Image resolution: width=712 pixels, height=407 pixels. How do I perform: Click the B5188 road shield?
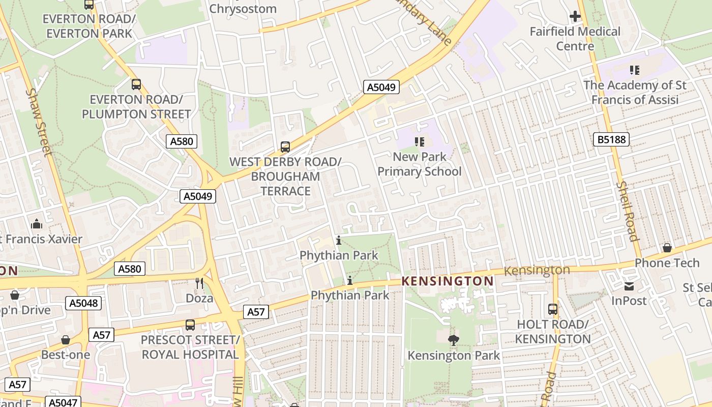click(611, 139)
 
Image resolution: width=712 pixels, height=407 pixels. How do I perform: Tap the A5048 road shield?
click(83, 304)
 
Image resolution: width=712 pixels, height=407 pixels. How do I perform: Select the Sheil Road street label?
click(627, 211)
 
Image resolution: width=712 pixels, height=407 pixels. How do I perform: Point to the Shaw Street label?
click(40, 123)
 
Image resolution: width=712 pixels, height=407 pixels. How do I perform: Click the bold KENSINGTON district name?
click(448, 281)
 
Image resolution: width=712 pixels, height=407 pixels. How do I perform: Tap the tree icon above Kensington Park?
click(453, 340)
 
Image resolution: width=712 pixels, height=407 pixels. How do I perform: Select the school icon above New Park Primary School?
click(420, 142)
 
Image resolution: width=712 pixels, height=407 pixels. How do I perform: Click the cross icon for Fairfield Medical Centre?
click(575, 17)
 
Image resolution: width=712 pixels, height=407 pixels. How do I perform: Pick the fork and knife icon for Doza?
click(199, 283)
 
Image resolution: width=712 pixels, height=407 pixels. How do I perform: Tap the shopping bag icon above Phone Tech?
click(667, 248)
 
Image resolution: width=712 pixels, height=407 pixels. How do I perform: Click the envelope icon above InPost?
click(629, 286)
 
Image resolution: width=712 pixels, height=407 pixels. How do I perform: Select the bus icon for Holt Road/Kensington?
click(553, 309)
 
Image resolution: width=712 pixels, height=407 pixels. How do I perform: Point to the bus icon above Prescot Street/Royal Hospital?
click(190, 325)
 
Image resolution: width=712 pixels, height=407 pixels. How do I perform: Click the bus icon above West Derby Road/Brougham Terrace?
click(285, 147)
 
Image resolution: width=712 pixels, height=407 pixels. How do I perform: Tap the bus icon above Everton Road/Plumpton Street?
click(136, 84)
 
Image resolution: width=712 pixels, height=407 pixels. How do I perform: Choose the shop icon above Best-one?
click(66, 340)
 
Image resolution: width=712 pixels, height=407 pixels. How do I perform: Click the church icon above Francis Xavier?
click(36, 224)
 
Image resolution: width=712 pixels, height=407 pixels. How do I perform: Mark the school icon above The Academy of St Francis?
click(634, 70)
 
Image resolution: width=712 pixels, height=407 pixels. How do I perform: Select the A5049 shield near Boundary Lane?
click(381, 88)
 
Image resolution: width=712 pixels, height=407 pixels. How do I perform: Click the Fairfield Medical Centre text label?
click(575, 39)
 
